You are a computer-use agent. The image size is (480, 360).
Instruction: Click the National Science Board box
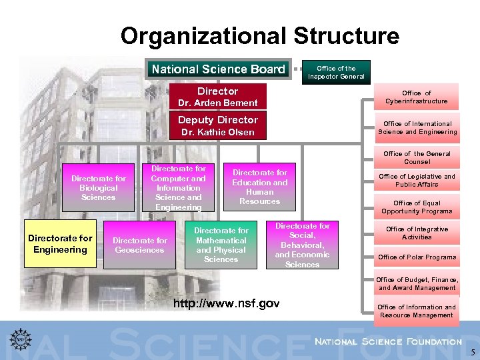coord(218,69)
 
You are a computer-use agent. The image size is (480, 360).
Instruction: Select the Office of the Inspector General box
coord(336,72)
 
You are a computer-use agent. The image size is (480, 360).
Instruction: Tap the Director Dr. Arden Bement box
coord(218,96)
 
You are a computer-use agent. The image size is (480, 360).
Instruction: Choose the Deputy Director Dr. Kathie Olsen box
coord(218,125)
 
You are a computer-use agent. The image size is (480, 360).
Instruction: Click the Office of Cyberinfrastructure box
coord(417,97)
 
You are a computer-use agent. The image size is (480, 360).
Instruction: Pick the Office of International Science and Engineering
coord(417,128)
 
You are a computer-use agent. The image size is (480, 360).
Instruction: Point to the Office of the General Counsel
coord(417,158)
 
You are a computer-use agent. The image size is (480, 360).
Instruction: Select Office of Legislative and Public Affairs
coord(417,181)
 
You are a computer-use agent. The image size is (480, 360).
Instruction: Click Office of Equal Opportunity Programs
coord(417,207)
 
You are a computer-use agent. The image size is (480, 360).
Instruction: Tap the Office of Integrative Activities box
coord(417,233)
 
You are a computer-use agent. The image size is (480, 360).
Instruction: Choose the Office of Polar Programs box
coord(417,257)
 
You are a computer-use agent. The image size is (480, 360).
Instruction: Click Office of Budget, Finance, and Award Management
coord(417,284)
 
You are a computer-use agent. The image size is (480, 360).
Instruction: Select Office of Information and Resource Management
coord(417,311)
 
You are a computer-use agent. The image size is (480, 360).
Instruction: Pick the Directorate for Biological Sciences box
coord(98,188)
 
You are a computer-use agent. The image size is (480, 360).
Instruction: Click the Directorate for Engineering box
coord(61,244)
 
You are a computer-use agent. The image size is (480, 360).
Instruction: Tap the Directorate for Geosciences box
coord(139,245)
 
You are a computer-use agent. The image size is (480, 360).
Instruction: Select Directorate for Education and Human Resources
coord(259,187)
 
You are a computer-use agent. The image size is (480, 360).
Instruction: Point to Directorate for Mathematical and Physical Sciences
coord(221,245)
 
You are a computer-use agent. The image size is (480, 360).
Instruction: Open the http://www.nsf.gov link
coord(227,305)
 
